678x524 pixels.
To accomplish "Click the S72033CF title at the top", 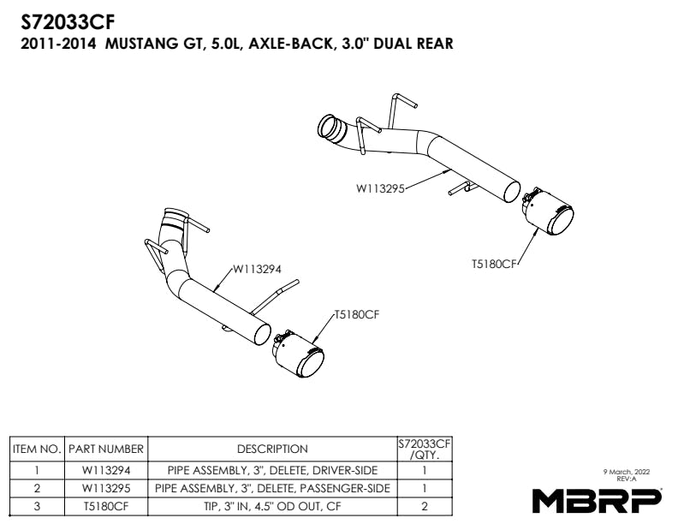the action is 68,22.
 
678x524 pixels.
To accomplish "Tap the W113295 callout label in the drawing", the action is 380,188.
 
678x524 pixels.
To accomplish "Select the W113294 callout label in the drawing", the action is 258,269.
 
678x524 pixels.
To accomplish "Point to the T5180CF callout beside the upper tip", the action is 494,264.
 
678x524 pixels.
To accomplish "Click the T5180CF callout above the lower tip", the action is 357,315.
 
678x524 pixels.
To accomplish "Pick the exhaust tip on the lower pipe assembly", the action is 299,354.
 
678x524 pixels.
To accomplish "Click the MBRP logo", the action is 597,500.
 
